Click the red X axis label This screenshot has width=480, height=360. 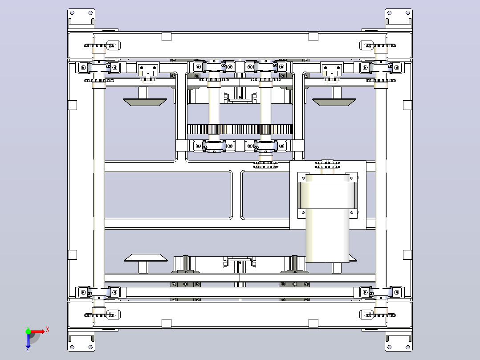[x=48, y=330]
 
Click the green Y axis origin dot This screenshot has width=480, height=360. [x=28, y=331]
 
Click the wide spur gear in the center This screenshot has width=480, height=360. [x=240, y=129]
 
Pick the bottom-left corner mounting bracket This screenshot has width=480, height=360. [x=81, y=341]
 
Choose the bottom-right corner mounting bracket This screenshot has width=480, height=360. [x=399, y=341]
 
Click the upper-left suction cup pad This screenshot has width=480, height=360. [x=145, y=102]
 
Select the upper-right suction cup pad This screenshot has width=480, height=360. [x=334, y=102]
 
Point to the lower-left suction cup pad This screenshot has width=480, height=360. [x=146, y=258]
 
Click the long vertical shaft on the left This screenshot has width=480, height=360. [x=99, y=181]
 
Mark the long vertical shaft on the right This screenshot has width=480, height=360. [x=381, y=181]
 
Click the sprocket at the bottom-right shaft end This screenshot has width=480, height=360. [x=381, y=315]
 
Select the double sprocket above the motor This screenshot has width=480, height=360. [x=328, y=165]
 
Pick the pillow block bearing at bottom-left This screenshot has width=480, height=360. [x=99, y=292]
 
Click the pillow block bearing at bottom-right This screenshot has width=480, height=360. [x=381, y=292]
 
